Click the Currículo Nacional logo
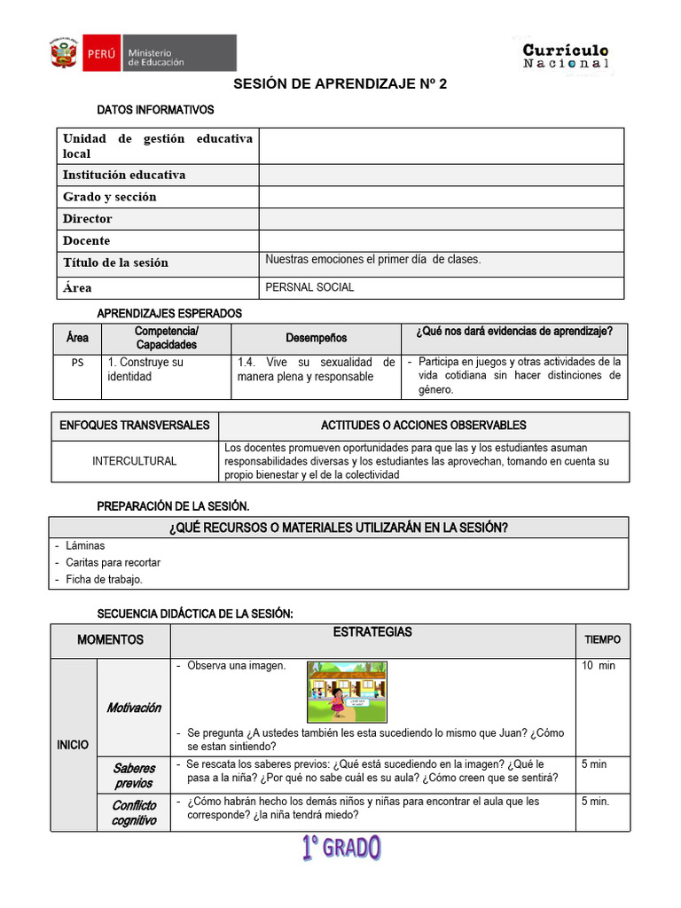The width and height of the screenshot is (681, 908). [565, 56]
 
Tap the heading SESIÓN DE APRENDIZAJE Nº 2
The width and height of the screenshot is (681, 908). [340, 85]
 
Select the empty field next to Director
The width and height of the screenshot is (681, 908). [441, 219]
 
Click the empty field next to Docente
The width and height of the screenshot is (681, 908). [441, 241]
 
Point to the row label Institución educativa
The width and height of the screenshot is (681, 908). [124, 176]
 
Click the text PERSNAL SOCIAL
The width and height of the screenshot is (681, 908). [309, 287]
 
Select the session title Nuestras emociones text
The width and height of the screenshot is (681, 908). [372, 260]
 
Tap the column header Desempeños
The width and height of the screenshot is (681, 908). [317, 338]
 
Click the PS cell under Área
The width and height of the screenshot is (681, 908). [78, 363]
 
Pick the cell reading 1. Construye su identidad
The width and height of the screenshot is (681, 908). [145, 370]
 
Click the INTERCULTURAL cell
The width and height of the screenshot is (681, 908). [135, 461]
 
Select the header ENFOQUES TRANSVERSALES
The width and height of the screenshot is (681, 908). [135, 426]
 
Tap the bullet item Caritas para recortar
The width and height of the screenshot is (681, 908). [113, 562]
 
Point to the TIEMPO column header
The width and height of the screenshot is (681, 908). [602, 639]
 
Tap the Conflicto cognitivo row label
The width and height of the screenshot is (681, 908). [134, 813]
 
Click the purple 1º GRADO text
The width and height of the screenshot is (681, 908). [341, 849]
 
